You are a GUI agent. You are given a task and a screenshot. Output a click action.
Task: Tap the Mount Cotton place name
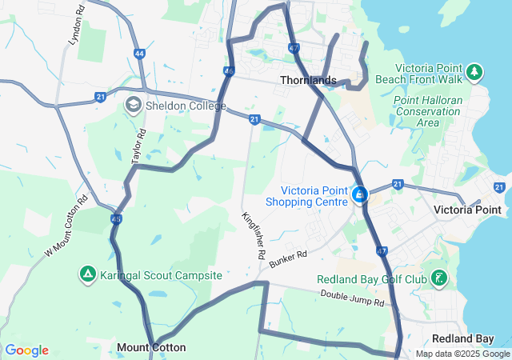point(151,347)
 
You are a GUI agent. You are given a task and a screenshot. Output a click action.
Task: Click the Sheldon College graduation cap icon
point(132,105)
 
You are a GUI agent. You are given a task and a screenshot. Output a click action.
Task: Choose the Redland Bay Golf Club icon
point(438,279)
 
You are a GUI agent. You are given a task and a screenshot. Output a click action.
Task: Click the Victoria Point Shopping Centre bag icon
point(360,194)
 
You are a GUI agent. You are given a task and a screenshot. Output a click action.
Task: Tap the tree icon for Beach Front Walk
point(474,73)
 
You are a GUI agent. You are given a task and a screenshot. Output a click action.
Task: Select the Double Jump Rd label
point(353,298)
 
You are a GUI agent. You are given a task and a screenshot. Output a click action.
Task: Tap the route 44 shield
point(140,54)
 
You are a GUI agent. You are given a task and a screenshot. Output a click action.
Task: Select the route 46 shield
point(230,72)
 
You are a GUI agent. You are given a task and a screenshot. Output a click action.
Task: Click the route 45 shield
point(117,218)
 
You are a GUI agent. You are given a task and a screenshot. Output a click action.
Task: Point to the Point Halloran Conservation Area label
point(427,111)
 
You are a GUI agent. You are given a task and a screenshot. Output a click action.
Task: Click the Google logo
point(26,350)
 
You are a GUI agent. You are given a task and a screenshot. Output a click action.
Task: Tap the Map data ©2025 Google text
point(462,354)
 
